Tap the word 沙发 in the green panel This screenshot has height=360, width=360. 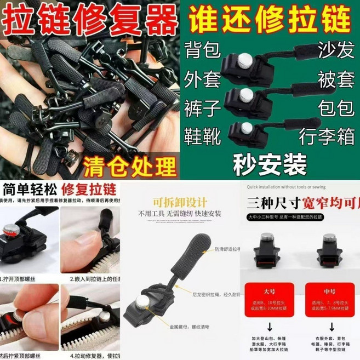click(334, 50)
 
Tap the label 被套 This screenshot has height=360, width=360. click(334, 78)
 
